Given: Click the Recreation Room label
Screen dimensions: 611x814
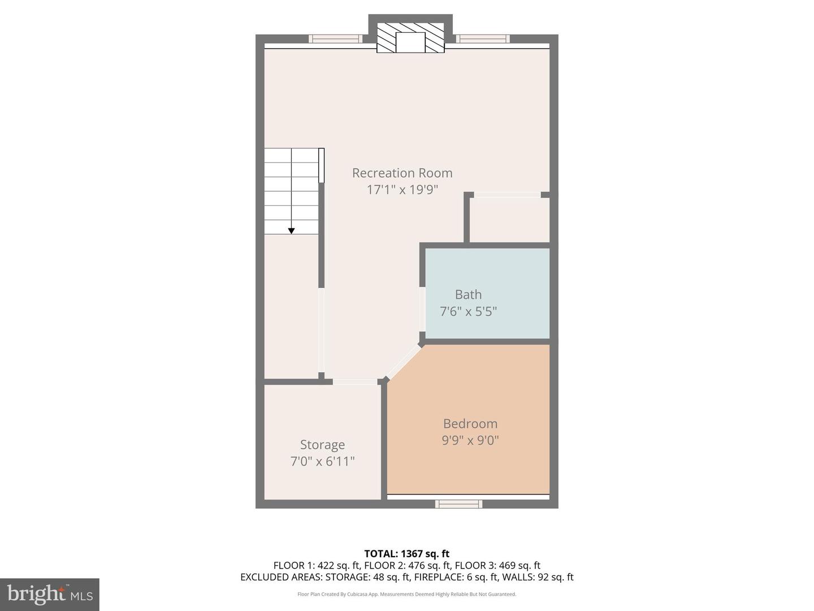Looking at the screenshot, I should coord(402,173).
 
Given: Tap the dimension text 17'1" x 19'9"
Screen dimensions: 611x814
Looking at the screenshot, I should coord(402,190).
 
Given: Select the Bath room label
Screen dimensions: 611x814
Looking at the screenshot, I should coord(468,295).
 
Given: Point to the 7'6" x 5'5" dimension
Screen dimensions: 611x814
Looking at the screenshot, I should coord(468,311).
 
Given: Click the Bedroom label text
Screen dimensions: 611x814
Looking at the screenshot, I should coord(470,424).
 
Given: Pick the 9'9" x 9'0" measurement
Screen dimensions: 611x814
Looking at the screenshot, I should coord(470,440).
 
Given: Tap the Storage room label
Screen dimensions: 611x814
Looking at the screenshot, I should coord(322,445).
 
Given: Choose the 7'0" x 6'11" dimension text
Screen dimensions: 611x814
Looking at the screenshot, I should coord(322,462).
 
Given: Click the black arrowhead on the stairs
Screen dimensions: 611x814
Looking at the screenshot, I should coord(291,231).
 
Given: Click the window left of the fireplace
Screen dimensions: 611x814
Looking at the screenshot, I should coord(335,39).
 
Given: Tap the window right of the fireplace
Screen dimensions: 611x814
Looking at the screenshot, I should coord(483,39).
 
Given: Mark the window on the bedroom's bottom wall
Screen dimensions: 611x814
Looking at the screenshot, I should coord(458,504).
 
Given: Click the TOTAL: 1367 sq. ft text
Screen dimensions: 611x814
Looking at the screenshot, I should coord(406,554).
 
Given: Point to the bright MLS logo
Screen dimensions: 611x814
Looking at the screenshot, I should coord(50,594).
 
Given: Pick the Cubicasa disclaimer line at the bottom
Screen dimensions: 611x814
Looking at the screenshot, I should coord(406,594).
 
